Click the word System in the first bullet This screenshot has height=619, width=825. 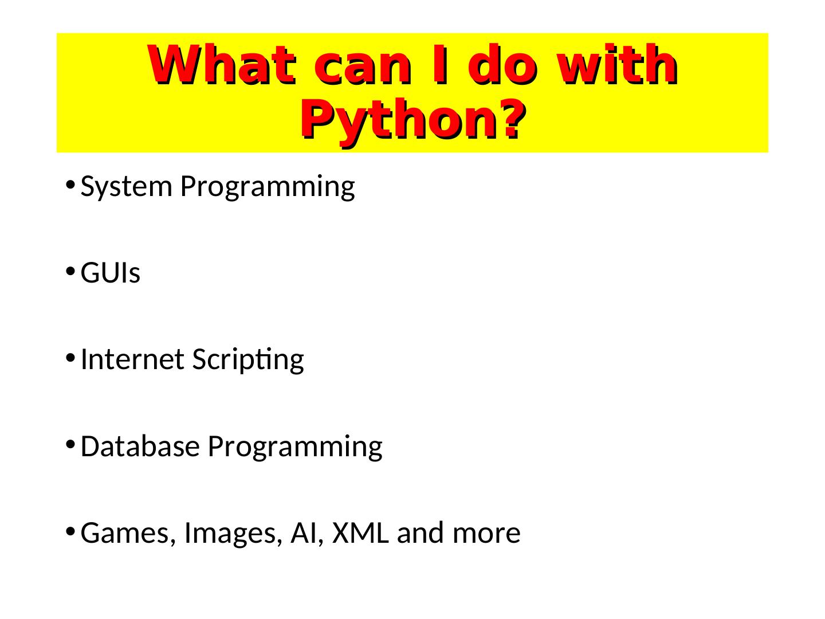click(126, 187)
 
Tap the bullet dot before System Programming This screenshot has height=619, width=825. click(70, 185)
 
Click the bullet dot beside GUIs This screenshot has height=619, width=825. click(70, 271)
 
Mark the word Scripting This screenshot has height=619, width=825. click(248, 360)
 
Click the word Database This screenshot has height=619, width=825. click(140, 446)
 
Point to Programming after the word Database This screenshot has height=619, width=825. click(295, 448)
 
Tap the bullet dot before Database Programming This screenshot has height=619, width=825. click(70, 444)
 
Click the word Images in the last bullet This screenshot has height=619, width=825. click(233, 534)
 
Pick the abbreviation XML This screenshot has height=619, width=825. click(360, 532)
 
